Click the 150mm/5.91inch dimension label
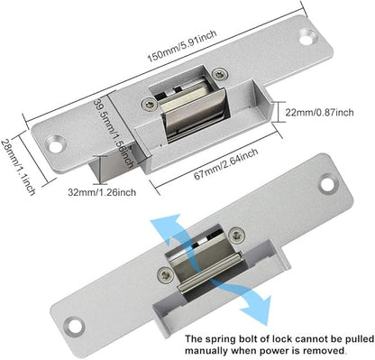click(182, 46)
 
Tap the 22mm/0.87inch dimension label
click(319, 113)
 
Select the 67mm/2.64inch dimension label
click(226, 164)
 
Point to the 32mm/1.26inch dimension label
click(102, 192)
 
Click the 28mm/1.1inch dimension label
click(19, 167)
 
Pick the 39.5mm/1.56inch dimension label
click(114, 134)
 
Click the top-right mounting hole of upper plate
click(308, 37)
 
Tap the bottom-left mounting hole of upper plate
click(56, 143)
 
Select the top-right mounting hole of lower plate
click(328, 184)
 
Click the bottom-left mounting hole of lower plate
click(74, 327)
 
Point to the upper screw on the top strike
click(220, 74)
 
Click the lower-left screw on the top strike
click(150, 104)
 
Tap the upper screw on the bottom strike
click(237, 235)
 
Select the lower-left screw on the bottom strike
click(166, 275)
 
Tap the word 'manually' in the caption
click(204, 351)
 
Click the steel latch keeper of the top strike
click(194, 113)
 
